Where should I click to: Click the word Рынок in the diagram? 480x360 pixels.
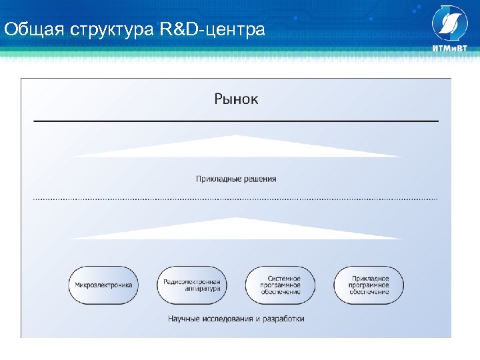pyautogui.click(x=236, y=99)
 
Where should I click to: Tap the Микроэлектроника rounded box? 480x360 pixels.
pyautogui.click(x=103, y=285)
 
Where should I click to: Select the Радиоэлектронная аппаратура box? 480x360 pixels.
pyautogui.click(x=192, y=285)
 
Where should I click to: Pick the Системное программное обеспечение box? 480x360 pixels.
pyautogui.click(x=281, y=285)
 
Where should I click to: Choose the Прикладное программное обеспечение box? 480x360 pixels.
pyautogui.click(x=369, y=285)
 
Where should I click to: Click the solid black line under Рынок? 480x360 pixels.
pyautogui.click(x=236, y=121)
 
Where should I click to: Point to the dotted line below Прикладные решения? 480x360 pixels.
pyautogui.click(x=236, y=199)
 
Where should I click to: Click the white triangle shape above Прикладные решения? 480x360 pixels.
pyautogui.click(x=236, y=147)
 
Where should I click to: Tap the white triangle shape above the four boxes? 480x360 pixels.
pyautogui.click(x=236, y=229)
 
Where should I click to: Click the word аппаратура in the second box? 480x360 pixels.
pyautogui.click(x=192, y=289)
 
